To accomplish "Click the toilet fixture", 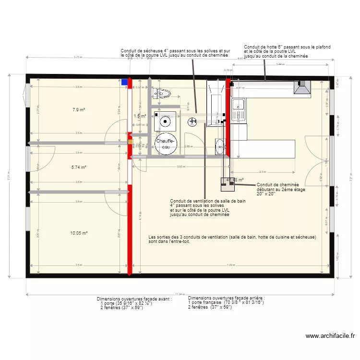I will click(164, 93).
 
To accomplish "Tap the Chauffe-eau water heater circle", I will click(166, 143).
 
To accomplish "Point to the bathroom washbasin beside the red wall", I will click(220, 147).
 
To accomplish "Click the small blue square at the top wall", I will click(125, 82).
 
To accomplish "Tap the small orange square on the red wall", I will click(130, 142).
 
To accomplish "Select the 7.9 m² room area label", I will click(79, 110).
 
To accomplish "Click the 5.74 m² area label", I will click(79, 168).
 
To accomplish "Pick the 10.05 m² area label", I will click(79, 233).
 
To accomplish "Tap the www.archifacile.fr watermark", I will click(330, 336).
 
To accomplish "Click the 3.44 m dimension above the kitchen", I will click(278, 64).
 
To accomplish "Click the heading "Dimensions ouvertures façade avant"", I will click(134, 298).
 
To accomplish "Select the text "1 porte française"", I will click(204, 302).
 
